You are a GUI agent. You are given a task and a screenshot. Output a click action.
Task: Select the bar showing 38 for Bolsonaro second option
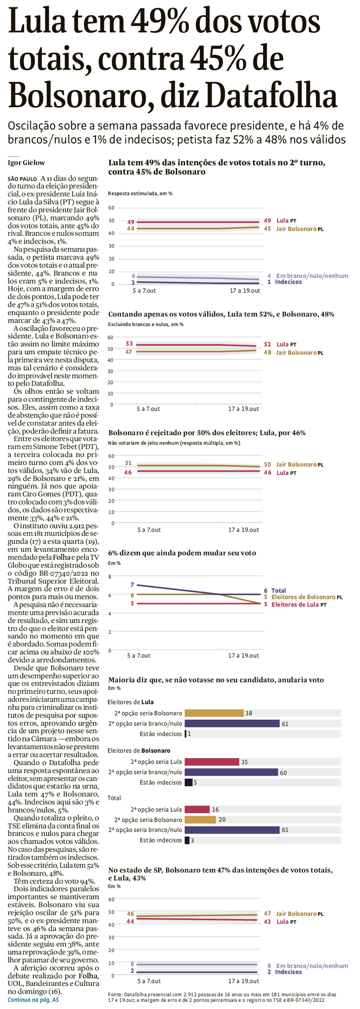click(x=213, y=713)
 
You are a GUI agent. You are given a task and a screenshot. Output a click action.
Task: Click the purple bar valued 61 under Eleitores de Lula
click(x=231, y=723)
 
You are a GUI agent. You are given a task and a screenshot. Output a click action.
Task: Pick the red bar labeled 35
click(x=211, y=762)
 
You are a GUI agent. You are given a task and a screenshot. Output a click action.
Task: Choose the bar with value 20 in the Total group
click(x=200, y=820)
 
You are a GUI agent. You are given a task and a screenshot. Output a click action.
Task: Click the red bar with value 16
click(x=197, y=810)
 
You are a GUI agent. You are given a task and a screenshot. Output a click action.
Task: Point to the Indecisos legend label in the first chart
click(x=288, y=282)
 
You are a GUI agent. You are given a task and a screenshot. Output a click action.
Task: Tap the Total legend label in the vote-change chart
click(x=278, y=591)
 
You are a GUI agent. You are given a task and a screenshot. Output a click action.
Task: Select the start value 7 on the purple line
click(x=132, y=584)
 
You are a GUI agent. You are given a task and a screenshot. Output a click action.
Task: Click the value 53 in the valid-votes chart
click(x=130, y=344)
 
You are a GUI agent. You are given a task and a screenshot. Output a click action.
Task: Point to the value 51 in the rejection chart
click(x=129, y=463)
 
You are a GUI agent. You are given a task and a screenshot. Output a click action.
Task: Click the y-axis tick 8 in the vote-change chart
click(x=110, y=577)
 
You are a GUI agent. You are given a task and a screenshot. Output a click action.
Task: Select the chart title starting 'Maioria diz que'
click(x=216, y=680)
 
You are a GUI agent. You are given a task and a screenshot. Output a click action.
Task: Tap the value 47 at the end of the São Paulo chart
click(x=267, y=914)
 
